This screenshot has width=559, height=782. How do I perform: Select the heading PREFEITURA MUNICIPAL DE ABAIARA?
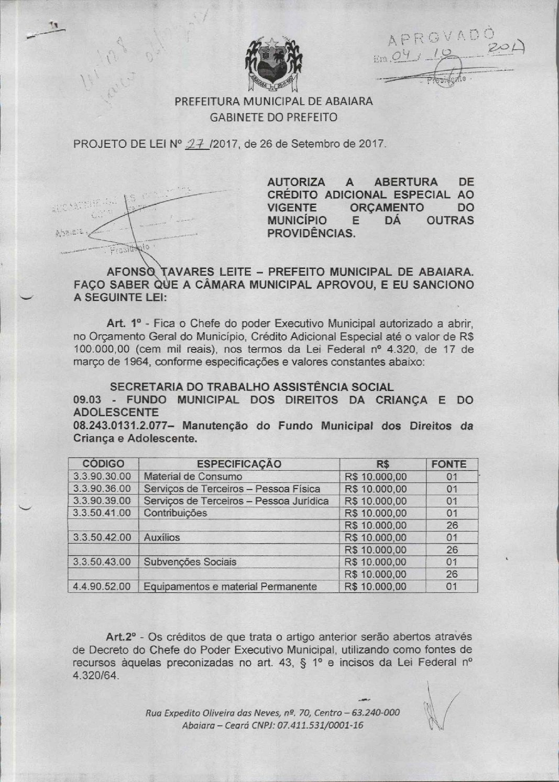[x=273, y=102]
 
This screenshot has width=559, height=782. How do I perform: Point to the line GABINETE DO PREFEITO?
[x=273, y=117]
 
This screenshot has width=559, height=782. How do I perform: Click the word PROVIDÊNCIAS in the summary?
[x=311, y=233]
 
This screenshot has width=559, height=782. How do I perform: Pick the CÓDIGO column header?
[x=103, y=464]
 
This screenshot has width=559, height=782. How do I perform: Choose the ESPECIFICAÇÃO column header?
[x=238, y=464]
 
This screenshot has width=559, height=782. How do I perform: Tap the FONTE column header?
[x=448, y=464]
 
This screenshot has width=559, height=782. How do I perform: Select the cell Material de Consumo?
[x=193, y=476]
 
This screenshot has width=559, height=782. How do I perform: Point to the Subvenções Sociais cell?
[x=190, y=562]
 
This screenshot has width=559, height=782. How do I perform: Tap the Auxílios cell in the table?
[x=161, y=537]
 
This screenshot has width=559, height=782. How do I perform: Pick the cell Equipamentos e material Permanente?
[x=230, y=586]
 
